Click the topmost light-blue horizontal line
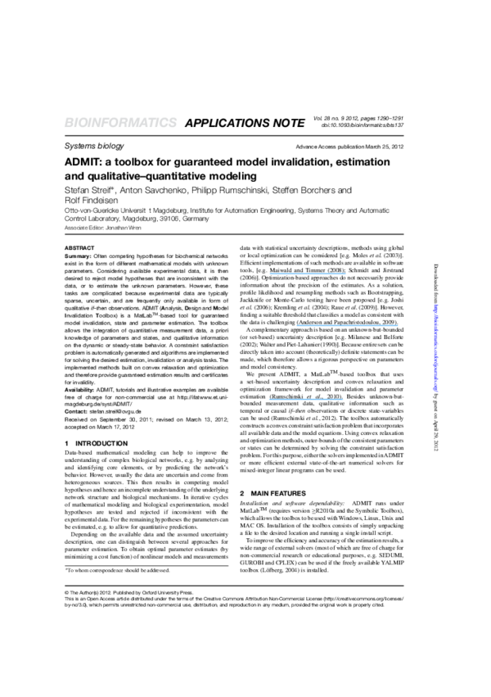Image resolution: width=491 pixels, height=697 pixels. click(x=308, y=274)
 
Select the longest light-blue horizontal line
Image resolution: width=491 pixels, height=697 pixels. click(x=347, y=326)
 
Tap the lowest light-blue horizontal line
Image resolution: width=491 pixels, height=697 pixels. click(x=306, y=400)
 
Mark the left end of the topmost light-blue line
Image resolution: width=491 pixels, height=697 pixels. click(x=270, y=274)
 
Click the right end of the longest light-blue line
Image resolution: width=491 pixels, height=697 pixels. click(x=398, y=326)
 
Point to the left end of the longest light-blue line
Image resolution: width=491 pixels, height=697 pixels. click(x=297, y=326)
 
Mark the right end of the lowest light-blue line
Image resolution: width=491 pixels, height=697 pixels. click(x=343, y=400)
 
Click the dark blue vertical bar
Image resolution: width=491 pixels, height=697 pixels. click(x=435, y=348)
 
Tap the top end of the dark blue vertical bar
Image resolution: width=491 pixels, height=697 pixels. click(x=435, y=305)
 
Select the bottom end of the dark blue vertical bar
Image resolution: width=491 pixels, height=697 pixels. click(x=435, y=391)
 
